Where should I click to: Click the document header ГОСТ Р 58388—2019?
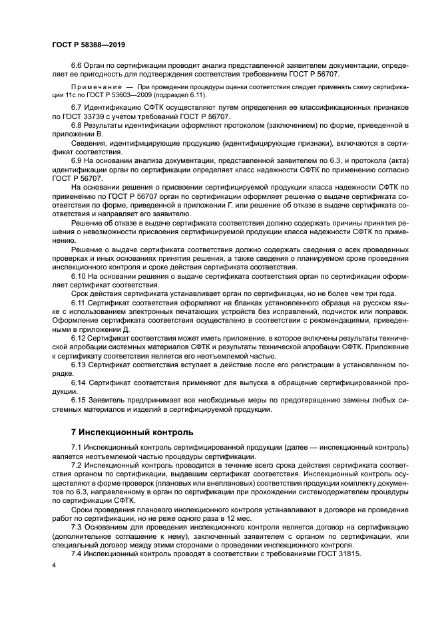[89, 45]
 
